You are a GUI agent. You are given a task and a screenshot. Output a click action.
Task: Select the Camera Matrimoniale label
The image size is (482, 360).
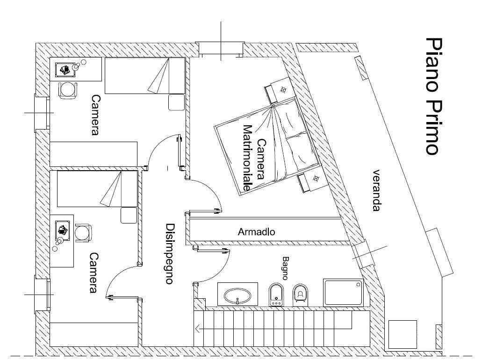[254, 159]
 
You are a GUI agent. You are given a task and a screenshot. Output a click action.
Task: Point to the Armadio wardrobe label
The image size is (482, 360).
[256, 231]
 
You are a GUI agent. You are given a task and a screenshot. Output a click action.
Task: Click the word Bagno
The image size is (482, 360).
[286, 268]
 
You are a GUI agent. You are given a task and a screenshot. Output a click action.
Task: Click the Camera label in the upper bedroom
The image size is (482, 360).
[95, 115]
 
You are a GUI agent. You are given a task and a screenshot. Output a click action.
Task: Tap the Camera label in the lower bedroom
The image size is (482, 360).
[94, 273]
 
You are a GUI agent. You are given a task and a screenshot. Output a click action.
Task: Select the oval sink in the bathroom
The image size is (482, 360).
[237, 295]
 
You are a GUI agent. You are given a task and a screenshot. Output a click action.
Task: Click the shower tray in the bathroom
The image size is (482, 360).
[343, 293]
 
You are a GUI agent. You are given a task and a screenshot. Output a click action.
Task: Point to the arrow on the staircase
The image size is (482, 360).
[200, 329]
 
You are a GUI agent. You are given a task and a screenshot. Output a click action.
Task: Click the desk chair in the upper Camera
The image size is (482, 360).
[68, 89]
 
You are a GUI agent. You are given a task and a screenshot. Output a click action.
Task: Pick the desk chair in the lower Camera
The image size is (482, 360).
[83, 232]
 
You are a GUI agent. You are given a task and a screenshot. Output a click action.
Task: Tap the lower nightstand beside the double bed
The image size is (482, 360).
[311, 180]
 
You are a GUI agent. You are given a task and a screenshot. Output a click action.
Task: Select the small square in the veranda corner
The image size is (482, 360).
[402, 334]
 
